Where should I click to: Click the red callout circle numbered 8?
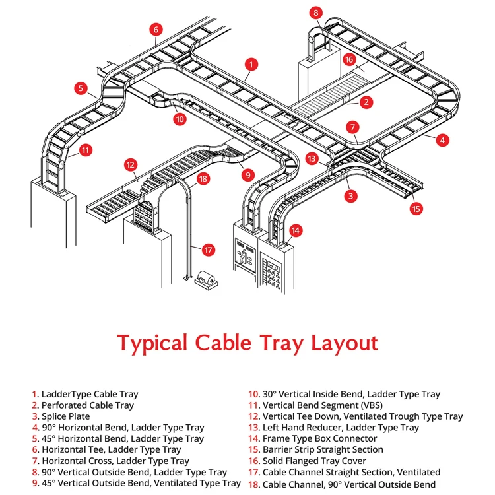[x=317, y=13]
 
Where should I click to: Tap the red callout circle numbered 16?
[x=349, y=59]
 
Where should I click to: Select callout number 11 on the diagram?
[x=85, y=150]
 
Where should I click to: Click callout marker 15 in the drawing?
[x=416, y=209]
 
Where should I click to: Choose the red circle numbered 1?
[x=250, y=64]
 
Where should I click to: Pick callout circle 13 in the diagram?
[x=312, y=158]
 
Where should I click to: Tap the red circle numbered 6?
[x=156, y=30]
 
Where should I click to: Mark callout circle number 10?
[x=180, y=119]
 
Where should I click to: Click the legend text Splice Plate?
[x=65, y=416]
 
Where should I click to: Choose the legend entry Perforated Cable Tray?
[x=87, y=405]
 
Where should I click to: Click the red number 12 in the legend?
[x=254, y=416]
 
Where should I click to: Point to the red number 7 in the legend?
[x=35, y=461]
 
